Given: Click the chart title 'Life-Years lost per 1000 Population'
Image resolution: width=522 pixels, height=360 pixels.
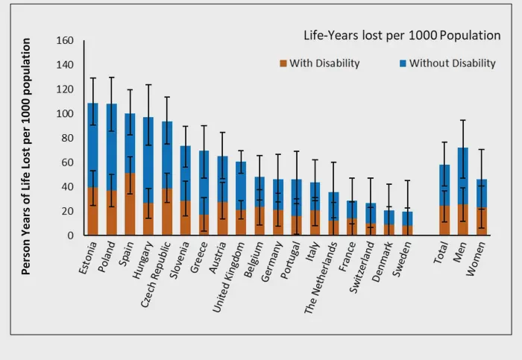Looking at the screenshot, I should point(401,36).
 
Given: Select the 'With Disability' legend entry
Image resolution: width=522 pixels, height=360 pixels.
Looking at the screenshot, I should point(318,63).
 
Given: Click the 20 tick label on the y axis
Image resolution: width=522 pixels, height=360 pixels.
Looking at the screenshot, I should point(68,212).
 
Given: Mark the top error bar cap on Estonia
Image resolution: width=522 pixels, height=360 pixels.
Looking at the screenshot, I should point(93,78).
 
